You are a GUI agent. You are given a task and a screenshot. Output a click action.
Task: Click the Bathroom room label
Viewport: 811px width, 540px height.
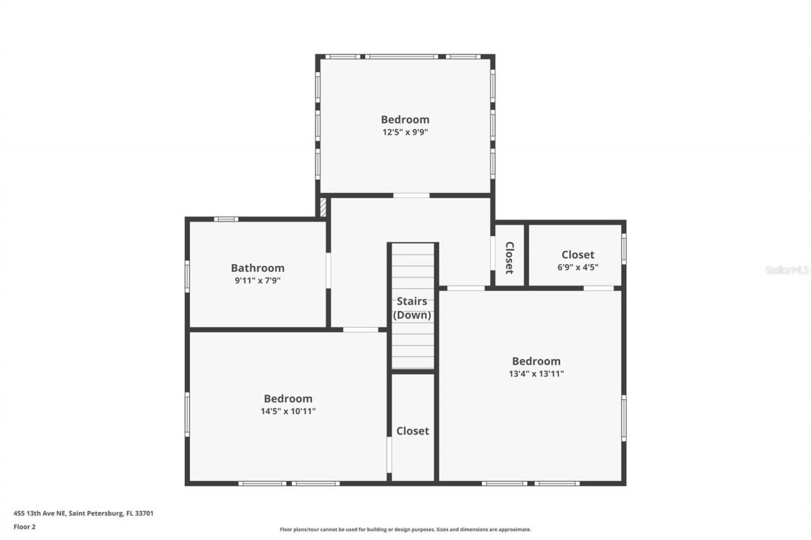[x=257, y=268]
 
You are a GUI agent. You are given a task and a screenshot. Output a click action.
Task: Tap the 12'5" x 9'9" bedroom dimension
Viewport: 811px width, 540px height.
[x=405, y=132]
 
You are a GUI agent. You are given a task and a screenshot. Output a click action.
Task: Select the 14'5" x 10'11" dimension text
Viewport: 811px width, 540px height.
[x=288, y=411]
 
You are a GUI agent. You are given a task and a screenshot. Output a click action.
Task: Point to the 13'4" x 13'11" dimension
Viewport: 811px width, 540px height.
[x=536, y=374]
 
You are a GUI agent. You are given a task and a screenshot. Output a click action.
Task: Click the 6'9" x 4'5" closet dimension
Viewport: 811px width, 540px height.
[x=577, y=267]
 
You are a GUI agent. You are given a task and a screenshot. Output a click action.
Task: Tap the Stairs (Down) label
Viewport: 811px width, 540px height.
[x=412, y=308]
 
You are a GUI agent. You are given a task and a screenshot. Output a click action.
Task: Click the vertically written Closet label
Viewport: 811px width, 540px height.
[x=509, y=257]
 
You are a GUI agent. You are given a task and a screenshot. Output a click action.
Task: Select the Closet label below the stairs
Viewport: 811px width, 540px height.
[x=412, y=430]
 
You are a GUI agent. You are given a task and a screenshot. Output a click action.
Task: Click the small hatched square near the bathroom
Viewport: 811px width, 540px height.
[x=322, y=208]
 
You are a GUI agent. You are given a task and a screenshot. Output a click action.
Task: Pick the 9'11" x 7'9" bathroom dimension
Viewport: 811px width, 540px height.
[x=257, y=280]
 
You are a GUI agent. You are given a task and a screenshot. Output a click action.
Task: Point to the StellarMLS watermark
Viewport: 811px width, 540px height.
[x=787, y=270]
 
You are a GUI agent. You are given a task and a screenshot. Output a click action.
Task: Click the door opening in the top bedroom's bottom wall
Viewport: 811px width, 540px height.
[x=411, y=195]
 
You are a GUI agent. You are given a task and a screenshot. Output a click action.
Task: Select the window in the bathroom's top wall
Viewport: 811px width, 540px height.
[x=226, y=219]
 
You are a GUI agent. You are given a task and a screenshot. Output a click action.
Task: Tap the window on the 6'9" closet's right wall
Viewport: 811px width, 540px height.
[x=623, y=249]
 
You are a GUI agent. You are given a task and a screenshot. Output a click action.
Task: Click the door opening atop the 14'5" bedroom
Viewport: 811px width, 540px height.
[x=361, y=329]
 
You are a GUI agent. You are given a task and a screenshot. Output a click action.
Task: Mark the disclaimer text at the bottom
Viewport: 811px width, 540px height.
[x=405, y=529]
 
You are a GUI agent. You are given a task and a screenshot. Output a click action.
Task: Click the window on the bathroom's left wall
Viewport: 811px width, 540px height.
[x=187, y=277]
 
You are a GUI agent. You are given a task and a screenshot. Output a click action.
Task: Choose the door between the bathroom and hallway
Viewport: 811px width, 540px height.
[x=328, y=270]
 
